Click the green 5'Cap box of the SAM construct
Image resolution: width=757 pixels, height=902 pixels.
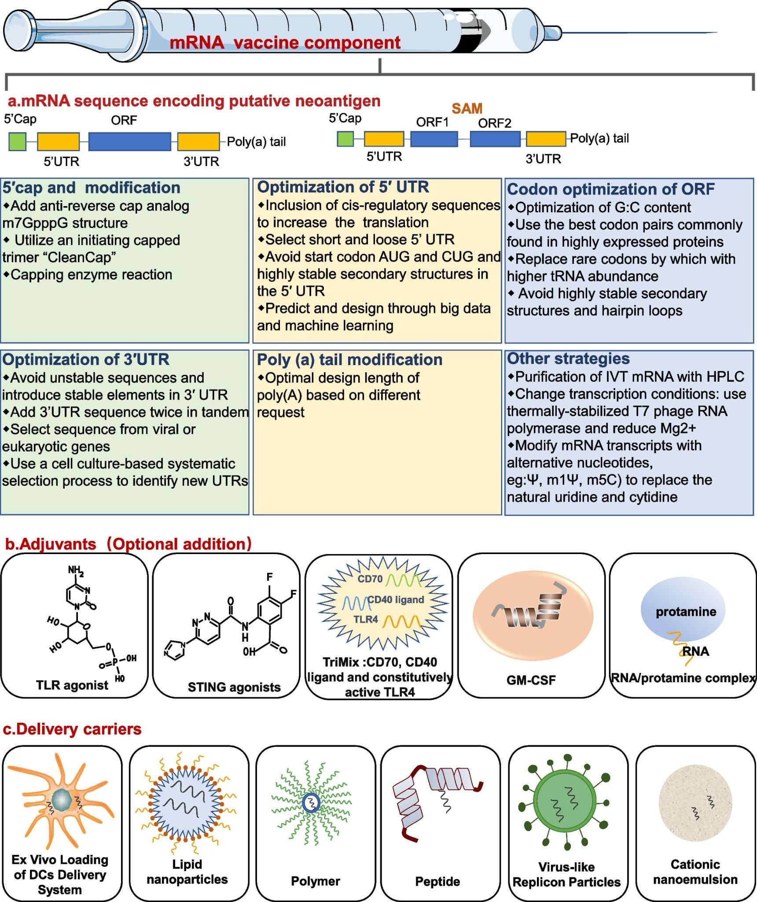point(345,139)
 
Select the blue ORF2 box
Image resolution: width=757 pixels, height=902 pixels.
point(495,139)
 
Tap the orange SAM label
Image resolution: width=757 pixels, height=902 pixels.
point(467,108)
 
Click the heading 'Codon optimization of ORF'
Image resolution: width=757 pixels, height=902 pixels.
point(610,189)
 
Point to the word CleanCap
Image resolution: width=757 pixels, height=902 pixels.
point(80,257)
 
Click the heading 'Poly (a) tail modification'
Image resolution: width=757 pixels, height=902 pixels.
point(349,359)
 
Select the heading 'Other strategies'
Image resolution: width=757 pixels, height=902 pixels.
point(568,359)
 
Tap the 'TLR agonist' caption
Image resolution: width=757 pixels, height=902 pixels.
point(72,685)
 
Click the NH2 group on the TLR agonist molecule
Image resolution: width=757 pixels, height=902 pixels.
point(76,571)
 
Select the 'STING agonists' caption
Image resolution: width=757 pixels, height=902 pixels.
point(234,687)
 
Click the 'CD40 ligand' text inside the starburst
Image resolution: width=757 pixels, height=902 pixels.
point(396,600)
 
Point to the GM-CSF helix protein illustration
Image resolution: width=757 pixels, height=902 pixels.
point(533,615)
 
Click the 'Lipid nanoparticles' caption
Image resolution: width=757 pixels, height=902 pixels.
point(187,872)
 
